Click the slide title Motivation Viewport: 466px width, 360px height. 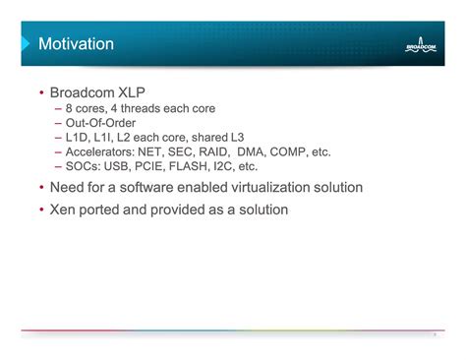(76, 44)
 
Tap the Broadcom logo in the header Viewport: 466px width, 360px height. (424, 44)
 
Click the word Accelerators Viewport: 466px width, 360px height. (98, 151)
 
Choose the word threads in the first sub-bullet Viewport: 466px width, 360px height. (147, 108)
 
